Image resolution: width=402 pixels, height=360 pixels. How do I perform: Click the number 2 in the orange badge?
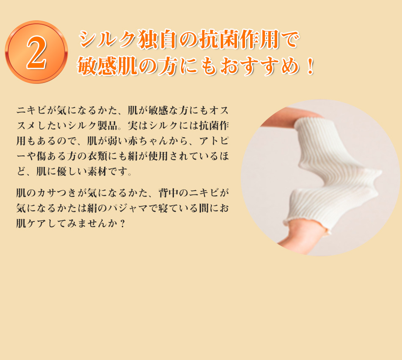coord(37,52)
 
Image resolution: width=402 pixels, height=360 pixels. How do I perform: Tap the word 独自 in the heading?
coord(157,39)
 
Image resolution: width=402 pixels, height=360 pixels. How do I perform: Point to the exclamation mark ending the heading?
coord(311,66)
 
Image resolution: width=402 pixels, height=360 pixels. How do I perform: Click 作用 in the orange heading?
coord(259,39)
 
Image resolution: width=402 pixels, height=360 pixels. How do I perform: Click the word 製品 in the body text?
coord(107,126)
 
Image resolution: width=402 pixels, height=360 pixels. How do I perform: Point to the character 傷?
coord(41,156)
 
